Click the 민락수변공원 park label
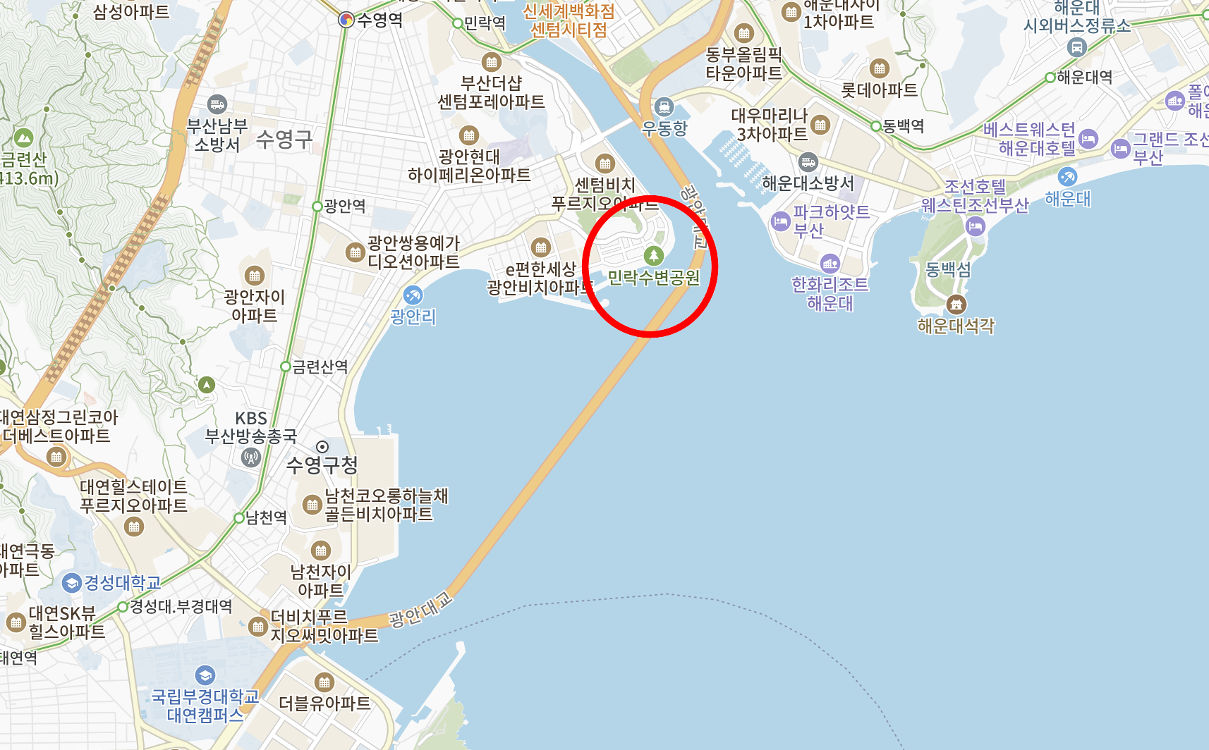654,278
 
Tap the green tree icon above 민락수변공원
654,255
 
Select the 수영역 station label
379,20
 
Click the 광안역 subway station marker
317,207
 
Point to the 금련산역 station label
320,367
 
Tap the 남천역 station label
266,518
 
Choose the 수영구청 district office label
322,465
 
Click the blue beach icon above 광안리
413,295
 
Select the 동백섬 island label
948,269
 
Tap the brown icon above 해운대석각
956,305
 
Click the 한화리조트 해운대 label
830,294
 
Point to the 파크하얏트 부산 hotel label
831,221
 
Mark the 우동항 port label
664,128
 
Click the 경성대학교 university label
123,583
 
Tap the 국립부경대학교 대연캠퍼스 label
205,706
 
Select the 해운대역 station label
1085,77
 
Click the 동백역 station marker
876,126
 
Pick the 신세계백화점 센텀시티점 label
569,20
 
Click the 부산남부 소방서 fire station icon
217,104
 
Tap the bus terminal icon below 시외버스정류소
1076,47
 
